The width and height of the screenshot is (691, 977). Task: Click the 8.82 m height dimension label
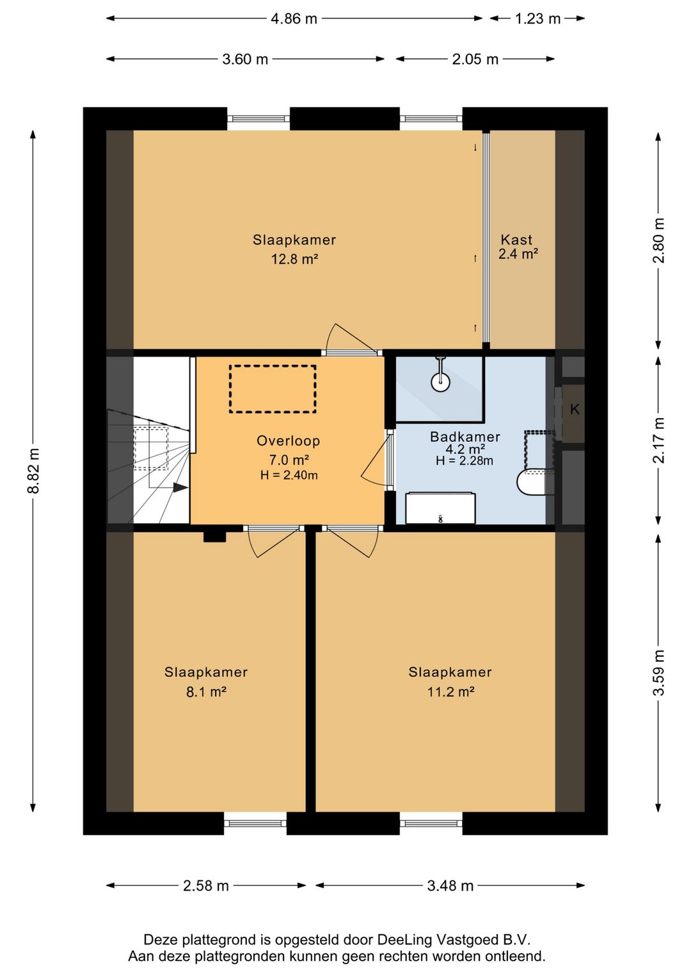pyautogui.click(x=33, y=471)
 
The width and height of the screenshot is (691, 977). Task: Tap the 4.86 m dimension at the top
pyautogui.click(x=294, y=19)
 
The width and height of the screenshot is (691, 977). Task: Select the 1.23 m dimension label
pyautogui.click(x=537, y=19)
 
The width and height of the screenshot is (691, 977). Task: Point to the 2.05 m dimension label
pyautogui.click(x=475, y=59)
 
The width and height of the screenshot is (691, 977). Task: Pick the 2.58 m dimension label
pyautogui.click(x=206, y=885)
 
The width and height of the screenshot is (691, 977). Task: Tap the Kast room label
pyautogui.click(x=516, y=239)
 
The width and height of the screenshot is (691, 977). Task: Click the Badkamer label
pyautogui.click(x=465, y=437)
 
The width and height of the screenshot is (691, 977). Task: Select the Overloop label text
pyautogui.click(x=288, y=441)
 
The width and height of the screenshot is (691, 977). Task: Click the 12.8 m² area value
pyautogui.click(x=294, y=259)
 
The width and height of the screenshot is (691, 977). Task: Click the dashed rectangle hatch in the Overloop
pyautogui.click(x=273, y=389)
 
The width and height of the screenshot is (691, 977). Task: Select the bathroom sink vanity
pyautogui.click(x=440, y=508)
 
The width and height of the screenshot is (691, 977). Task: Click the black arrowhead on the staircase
pyautogui.click(x=180, y=488)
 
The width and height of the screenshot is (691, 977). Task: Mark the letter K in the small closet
pyautogui.click(x=575, y=409)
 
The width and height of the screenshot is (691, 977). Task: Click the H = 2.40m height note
pyautogui.click(x=289, y=475)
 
